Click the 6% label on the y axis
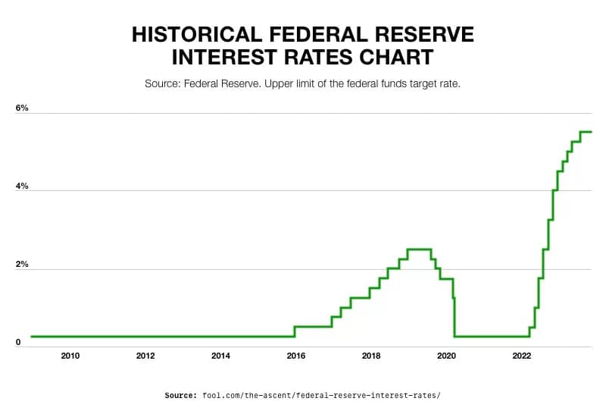tap(22, 108)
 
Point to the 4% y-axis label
tap(22, 187)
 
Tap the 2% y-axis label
tap(22, 265)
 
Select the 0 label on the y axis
tap(17, 343)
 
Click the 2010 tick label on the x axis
tap(70, 356)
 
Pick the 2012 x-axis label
tap(145, 356)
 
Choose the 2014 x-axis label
tap(220, 356)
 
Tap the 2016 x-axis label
tap(295, 356)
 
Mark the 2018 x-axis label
tap(371, 356)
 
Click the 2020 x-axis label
tap(446, 356)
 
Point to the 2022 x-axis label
tap(521, 356)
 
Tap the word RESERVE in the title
tap(425, 34)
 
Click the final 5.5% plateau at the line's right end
tap(586, 131)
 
